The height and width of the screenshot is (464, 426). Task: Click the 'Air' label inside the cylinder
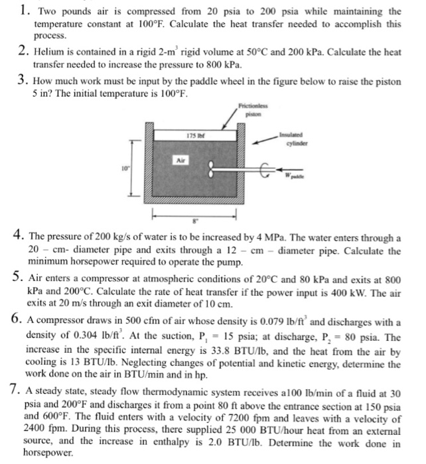coord(180,160)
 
